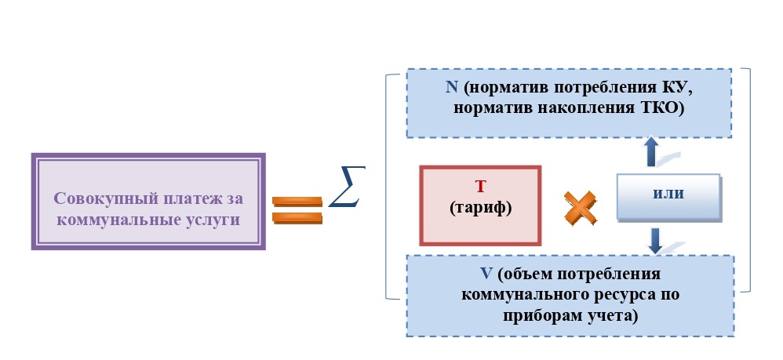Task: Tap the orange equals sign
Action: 297,209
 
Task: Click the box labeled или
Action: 668,195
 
